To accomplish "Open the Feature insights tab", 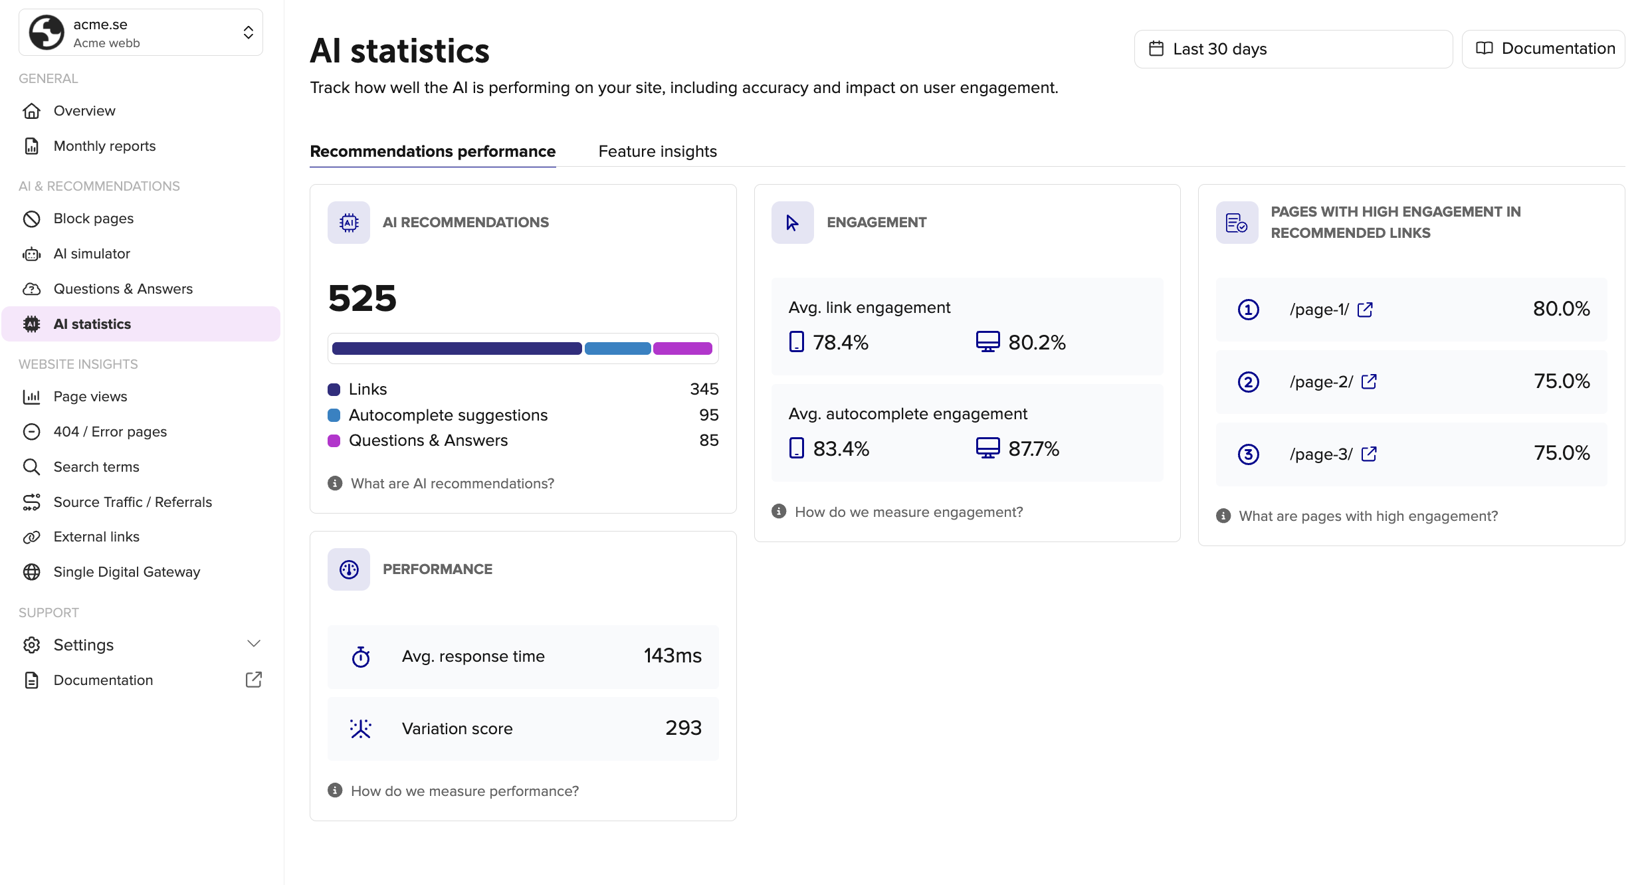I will coord(657,151).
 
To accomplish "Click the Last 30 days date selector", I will coord(1292,49).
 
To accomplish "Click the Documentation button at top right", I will coord(1543,49).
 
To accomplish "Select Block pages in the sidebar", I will coord(93,219).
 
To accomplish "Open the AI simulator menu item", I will coord(92,254).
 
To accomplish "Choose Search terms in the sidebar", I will coord(96,467).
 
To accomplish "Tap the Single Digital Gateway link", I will coord(126,572).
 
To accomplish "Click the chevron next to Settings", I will coord(253,644).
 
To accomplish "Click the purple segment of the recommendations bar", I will coord(682,349).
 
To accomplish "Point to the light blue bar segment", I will coord(617,349).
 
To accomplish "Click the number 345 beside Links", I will coord(704,389).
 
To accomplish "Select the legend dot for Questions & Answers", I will coord(334,441).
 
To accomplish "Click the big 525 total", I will coord(362,298).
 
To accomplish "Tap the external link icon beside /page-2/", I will coord(1369,382).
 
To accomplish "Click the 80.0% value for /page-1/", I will coord(1561,309).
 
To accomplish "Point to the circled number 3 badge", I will coord(1248,454).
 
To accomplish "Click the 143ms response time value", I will coord(672,656).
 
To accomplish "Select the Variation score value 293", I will coord(683,728).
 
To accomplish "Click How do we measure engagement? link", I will coord(908,512).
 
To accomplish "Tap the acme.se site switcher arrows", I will coord(248,33).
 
